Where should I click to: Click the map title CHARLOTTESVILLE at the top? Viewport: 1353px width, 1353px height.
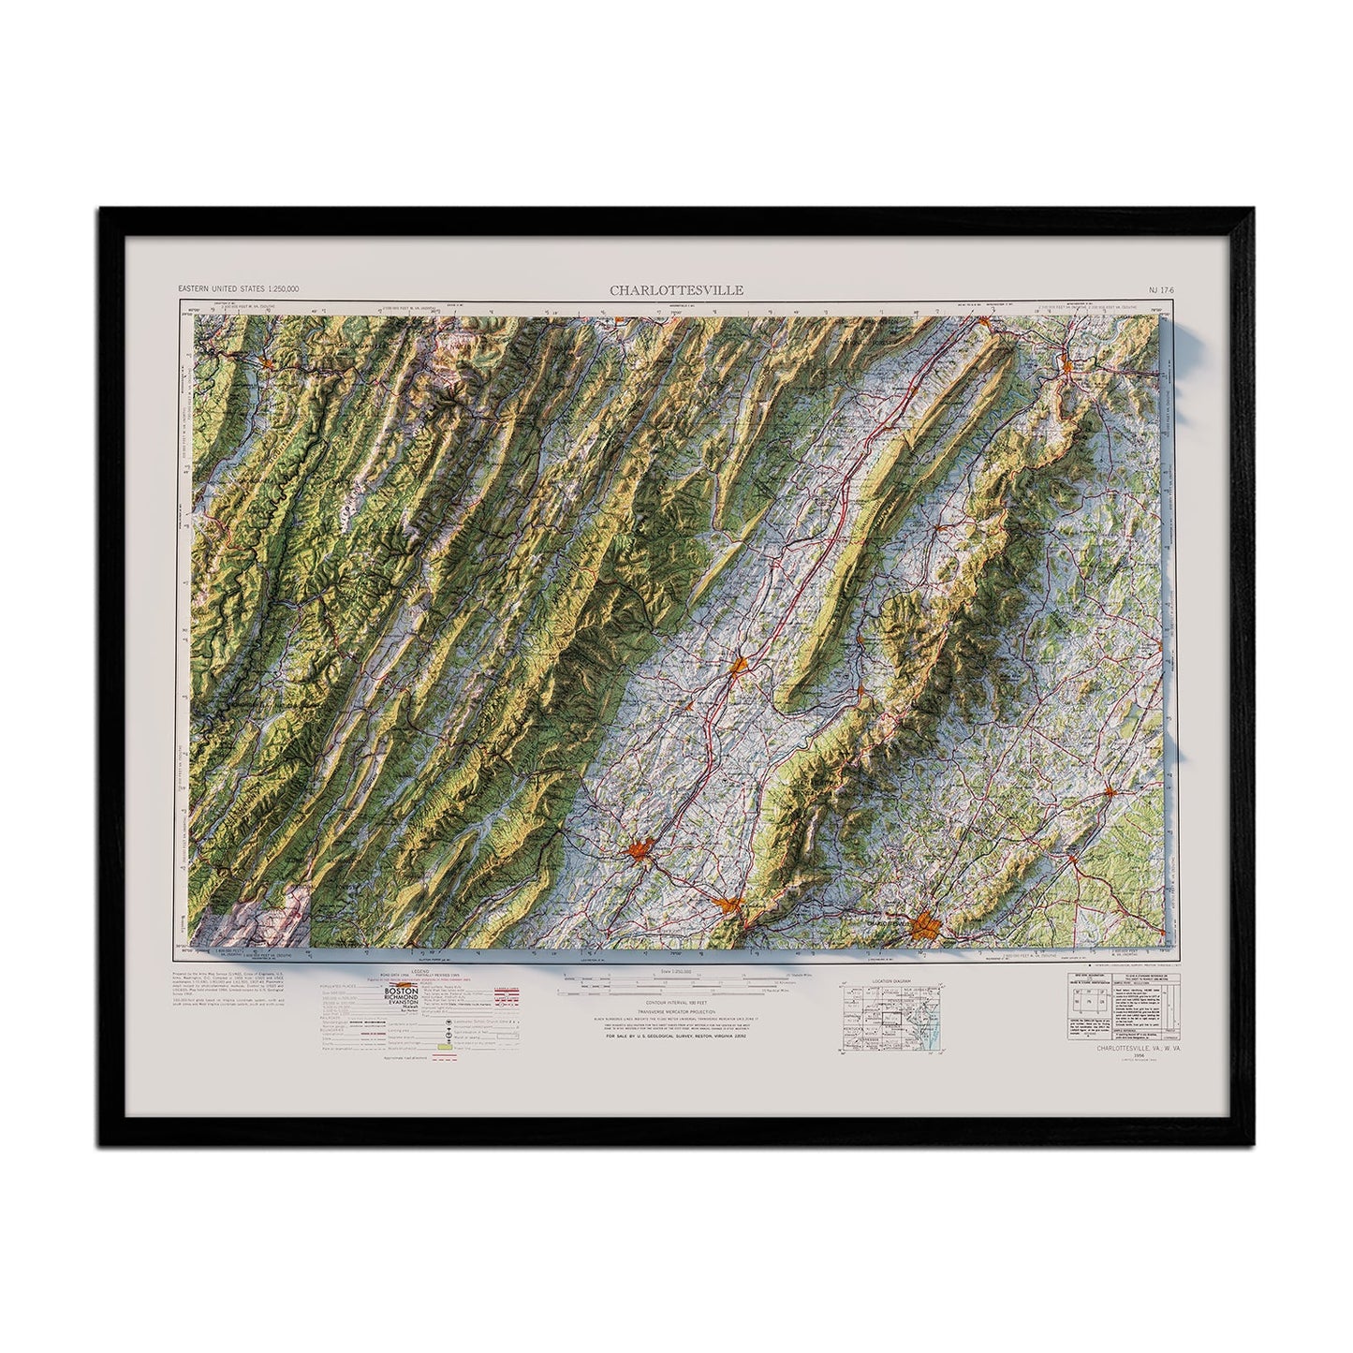pos(677,290)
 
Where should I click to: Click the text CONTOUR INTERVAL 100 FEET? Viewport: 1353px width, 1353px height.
pos(676,1004)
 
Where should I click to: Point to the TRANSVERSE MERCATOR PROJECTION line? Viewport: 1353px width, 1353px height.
pos(676,1013)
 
